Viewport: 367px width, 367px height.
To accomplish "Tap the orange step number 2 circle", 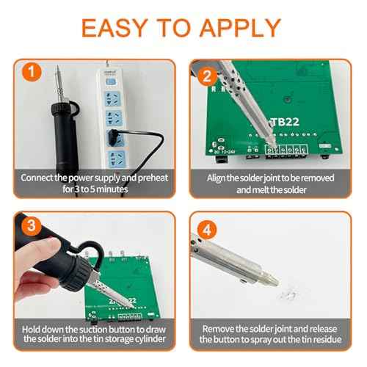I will pyautogui.click(x=207, y=75).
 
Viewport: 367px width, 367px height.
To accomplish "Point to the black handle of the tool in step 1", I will pyautogui.click(x=58, y=133).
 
